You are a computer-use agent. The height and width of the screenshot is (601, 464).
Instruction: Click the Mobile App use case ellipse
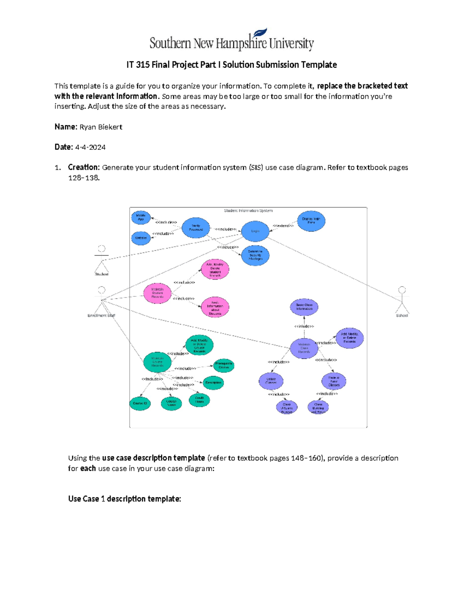coord(141,217)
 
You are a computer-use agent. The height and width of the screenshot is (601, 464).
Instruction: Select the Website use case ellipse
coord(141,238)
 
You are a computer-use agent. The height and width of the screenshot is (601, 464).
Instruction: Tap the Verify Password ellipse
coord(196,228)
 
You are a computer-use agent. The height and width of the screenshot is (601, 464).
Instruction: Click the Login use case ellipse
coord(255,231)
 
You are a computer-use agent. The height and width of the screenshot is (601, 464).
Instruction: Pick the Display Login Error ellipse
coord(311,221)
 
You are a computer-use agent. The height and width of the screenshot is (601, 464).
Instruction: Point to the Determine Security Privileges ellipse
coord(255,255)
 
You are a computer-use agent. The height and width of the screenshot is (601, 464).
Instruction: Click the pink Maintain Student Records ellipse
coord(157,293)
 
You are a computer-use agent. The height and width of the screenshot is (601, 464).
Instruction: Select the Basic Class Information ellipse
coord(304,307)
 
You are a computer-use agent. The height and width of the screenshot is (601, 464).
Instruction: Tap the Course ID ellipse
coord(140,403)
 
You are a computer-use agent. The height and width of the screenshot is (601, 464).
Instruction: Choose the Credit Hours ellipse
coord(200,400)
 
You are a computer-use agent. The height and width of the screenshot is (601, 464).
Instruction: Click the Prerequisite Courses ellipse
coord(223,365)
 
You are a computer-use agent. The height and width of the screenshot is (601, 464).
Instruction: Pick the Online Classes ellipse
coord(271,381)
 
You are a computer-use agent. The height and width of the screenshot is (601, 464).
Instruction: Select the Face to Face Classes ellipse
coord(334,381)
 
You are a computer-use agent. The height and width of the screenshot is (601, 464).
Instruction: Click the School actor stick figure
coord(402,300)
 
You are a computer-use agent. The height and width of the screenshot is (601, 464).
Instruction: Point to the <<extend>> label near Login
coord(283,226)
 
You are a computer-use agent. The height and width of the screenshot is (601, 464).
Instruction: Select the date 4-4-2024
coord(90,147)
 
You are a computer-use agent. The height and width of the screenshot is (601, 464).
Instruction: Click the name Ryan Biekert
coord(101,127)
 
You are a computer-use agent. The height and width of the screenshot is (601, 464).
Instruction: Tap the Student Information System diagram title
coord(248,211)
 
